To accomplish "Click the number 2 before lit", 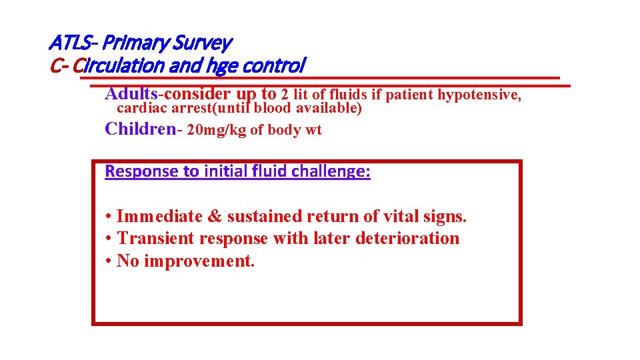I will click(285, 95).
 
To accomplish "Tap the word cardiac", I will click(141, 109).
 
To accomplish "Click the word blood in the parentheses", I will click(273, 109).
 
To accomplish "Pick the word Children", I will click(137, 129).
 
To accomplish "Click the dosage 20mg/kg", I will click(217, 130).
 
